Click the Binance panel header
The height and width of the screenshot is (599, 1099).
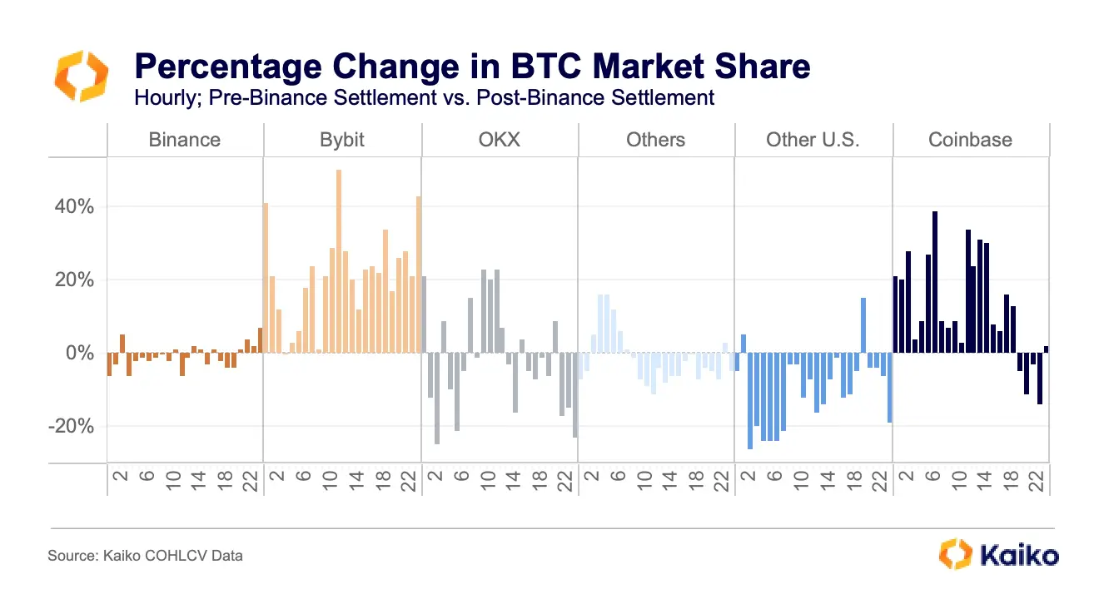pyautogui.click(x=184, y=139)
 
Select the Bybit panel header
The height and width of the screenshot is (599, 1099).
pyautogui.click(x=342, y=139)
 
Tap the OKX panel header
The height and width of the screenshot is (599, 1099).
pyautogui.click(x=500, y=139)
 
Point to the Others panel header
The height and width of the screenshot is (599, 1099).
pyautogui.click(x=655, y=139)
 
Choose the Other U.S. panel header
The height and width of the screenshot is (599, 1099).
pyautogui.click(x=813, y=139)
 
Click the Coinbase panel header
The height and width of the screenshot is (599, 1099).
pyautogui.click(x=970, y=139)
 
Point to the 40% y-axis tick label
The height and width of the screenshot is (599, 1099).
pyautogui.click(x=74, y=206)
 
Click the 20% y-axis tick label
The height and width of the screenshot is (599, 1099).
pyautogui.click(x=74, y=280)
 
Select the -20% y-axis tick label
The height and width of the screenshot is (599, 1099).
pyautogui.click(x=71, y=426)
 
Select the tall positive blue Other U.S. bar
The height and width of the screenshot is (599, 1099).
pyautogui.click(x=863, y=324)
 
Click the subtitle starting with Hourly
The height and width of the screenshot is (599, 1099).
pyautogui.click(x=424, y=97)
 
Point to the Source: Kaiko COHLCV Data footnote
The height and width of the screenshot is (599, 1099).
pyautogui.click(x=145, y=555)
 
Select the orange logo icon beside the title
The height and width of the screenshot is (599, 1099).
pyautogui.click(x=81, y=75)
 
